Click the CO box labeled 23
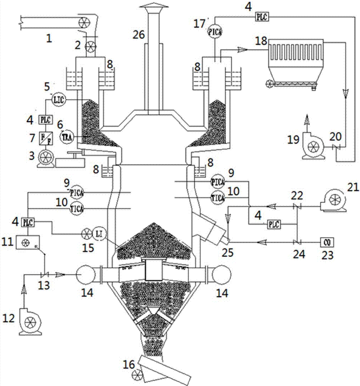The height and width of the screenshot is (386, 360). point(326,242)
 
